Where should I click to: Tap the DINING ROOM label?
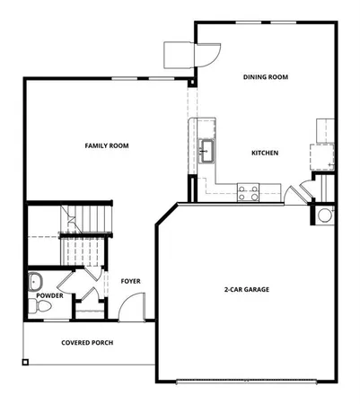265,77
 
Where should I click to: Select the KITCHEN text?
264,153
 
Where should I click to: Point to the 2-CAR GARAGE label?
247,290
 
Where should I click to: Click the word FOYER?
131,281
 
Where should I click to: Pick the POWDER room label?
49,294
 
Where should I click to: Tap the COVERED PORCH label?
87,342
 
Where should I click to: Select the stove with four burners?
248,191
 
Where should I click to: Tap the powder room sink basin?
36,281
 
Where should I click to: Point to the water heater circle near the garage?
324,215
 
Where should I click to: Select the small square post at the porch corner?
25,363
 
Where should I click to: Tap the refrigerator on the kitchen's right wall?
320,154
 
